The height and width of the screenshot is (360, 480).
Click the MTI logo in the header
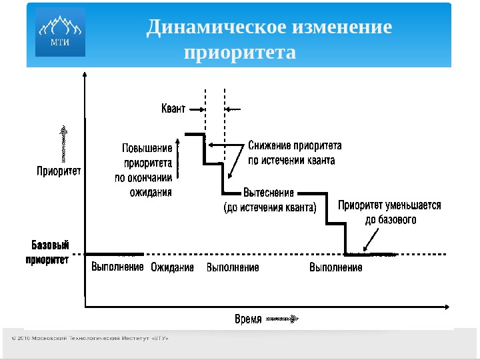point(60,32)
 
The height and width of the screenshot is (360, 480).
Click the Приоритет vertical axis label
point(59,171)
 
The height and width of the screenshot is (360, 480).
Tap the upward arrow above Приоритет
point(63,143)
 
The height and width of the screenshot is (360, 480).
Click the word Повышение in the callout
point(147,148)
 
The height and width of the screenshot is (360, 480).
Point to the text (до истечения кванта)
point(269,207)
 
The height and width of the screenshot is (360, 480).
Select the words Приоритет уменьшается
point(389,205)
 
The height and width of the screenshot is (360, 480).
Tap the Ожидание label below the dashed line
point(172,268)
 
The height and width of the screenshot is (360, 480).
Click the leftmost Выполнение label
point(117,268)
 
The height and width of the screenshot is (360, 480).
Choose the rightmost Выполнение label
point(336,268)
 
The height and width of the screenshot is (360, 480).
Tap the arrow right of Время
point(281,319)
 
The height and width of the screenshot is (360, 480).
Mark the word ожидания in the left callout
point(151,193)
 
